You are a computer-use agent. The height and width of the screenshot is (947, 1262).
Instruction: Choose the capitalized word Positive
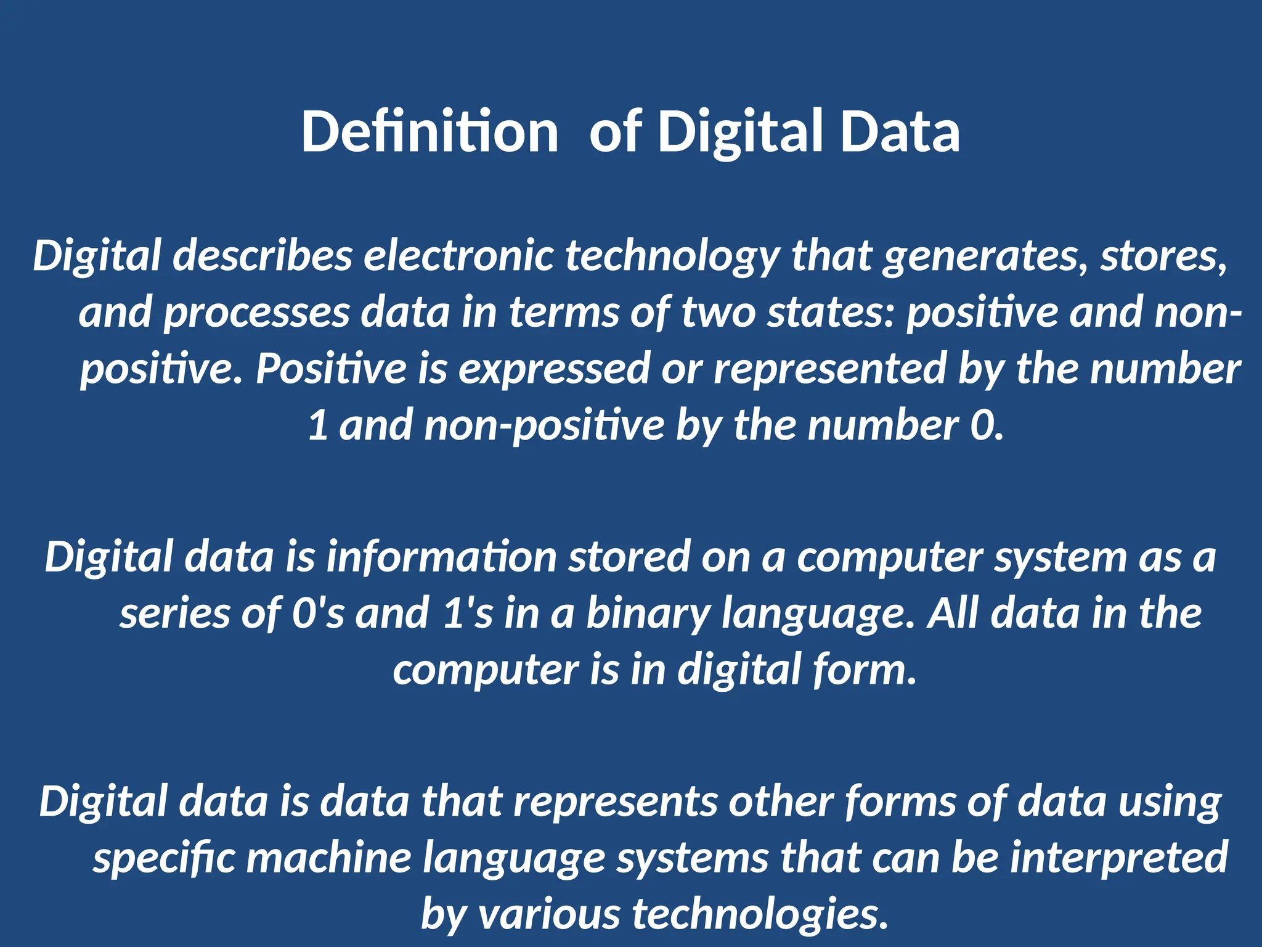tap(331, 369)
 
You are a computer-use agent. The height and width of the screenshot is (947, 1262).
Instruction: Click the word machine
tap(328, 858)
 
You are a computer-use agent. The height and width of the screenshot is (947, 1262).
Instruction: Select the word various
tap(549, 914)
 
